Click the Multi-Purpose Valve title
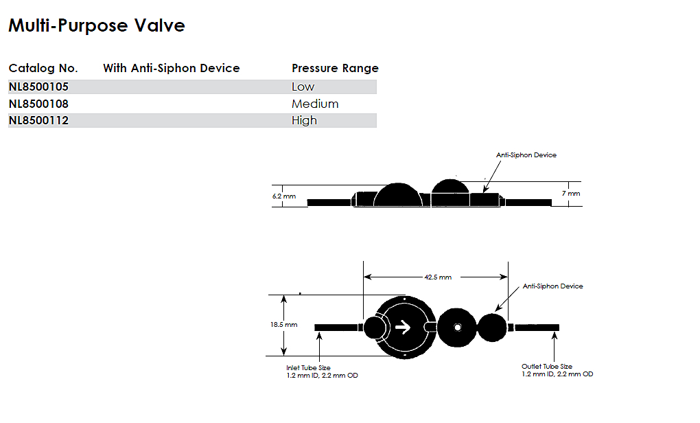(97, 26)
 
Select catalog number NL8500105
(38, 87)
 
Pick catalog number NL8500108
(38, 104)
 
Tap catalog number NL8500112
(38, 120)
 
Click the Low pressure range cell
(303, 87)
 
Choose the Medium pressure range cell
(315, 104)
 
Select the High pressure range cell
(304, 120)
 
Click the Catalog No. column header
(43, 68)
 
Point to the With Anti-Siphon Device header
(172, 68)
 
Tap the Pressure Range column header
(335, 68)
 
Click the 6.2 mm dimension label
(284, 196)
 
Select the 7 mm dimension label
(571, 194)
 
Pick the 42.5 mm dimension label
(438, 277)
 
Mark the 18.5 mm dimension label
(284, 324)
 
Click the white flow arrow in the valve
(403, 327)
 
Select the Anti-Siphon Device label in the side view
(526, 155)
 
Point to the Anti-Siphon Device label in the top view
(552, 286)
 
